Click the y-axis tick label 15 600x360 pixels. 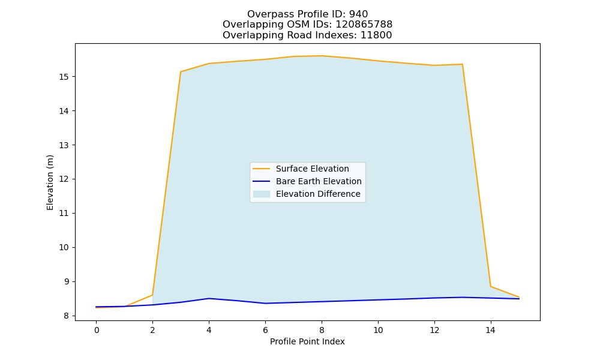point(64,77)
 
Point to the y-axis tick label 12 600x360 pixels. point(64,179)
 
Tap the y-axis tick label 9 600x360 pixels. point(66,281)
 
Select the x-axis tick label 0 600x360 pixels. point(97,330)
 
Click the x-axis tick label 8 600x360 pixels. point(322,330)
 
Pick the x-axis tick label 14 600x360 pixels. point(491,330)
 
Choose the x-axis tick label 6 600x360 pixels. point(265,330)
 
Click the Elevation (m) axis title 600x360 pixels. point(50,182)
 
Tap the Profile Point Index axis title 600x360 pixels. point(307,341)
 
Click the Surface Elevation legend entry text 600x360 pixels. point(312,169)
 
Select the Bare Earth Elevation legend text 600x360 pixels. point(319,181)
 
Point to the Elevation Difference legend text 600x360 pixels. point(318,194)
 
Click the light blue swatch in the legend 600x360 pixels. point(262,194)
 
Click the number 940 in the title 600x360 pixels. point(359,14)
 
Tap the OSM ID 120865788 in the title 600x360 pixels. point(364,25)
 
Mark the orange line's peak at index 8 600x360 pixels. point(322,56)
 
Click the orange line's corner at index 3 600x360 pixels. point(181,71)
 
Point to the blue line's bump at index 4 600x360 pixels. point(209,298)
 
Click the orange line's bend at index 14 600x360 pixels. point(491,286)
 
